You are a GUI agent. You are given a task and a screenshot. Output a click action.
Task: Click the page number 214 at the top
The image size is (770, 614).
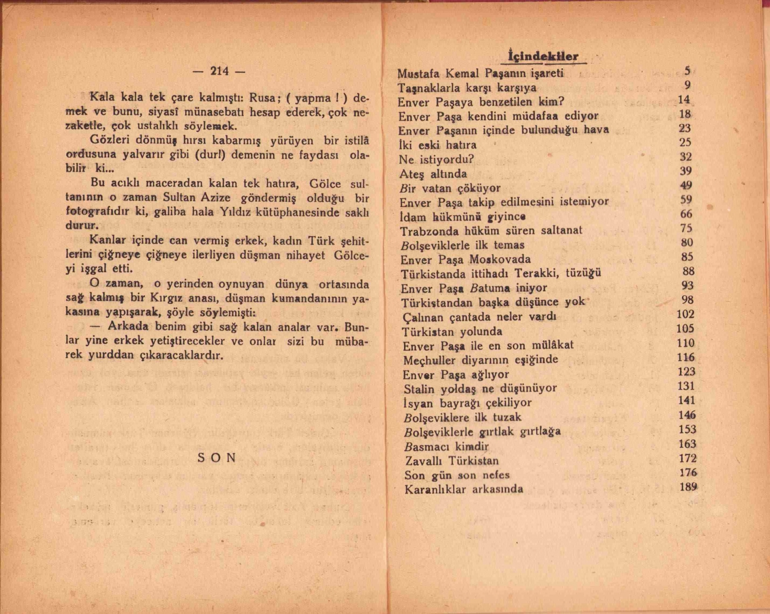click(219, 71)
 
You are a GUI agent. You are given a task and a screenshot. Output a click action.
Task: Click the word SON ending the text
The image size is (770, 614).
click(217, 458)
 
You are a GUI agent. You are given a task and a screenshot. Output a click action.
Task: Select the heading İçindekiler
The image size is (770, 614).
click(543, 56)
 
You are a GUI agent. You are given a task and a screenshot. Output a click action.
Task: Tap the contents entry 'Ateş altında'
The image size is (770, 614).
click(433, 174)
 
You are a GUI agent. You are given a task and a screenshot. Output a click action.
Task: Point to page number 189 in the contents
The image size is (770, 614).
click(688, 487)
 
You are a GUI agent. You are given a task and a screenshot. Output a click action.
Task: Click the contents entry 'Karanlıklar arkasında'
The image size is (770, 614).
click(464, 489)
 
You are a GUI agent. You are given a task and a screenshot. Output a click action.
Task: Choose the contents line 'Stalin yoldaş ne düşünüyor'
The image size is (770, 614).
click(480, 389)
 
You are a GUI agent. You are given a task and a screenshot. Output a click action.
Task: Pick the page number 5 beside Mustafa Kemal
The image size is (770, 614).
click(687, 71)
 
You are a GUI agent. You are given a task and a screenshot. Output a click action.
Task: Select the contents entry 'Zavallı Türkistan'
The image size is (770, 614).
click(452, 460)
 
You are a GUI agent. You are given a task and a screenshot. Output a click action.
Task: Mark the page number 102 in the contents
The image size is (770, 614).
click(685, 314)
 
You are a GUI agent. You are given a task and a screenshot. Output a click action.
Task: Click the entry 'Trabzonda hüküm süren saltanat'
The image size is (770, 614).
click(491, 231)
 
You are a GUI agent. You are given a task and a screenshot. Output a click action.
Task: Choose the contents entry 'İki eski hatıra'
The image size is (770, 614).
click(437, 145)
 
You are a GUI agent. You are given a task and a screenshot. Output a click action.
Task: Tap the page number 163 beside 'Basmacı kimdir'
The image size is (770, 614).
click(687, 444)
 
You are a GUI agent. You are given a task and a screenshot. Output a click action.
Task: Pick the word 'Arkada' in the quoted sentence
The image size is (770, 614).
click(128, 327)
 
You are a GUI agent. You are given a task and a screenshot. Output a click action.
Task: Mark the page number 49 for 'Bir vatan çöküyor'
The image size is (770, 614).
click(686, 185)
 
